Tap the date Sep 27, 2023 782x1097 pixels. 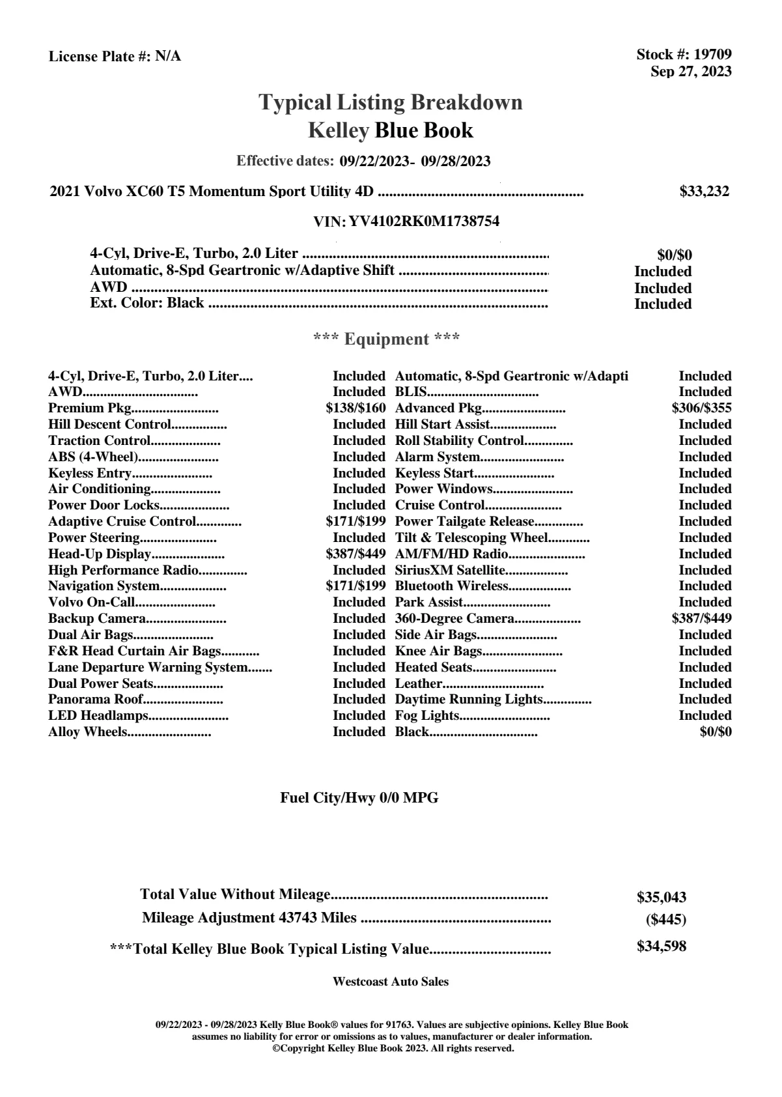(x=691, y=71)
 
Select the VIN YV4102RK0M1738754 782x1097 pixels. (x=424, y=221)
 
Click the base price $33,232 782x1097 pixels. (x=705, y=192)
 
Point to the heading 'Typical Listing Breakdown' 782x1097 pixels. (x=391, y=102)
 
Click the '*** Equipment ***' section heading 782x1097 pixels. (x=387, y=339)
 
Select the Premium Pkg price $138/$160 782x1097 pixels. (x=356, y=408)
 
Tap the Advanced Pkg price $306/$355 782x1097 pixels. (x=701, y=408)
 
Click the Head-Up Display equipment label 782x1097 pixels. (x=100, y=554)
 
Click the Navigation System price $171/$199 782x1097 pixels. (x=356, y=586)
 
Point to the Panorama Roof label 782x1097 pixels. (x=95, y=700)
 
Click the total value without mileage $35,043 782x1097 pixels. (x=662, y=897)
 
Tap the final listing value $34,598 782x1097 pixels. (x=662, y=947)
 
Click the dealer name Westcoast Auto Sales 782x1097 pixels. (x=391, y=982)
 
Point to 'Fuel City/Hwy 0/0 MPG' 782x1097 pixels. (x=359, y=798)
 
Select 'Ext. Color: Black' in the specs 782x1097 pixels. (x=147, y=303)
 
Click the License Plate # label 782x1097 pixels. (x=100, y=57)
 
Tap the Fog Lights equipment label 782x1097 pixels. (x=427, y=716)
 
